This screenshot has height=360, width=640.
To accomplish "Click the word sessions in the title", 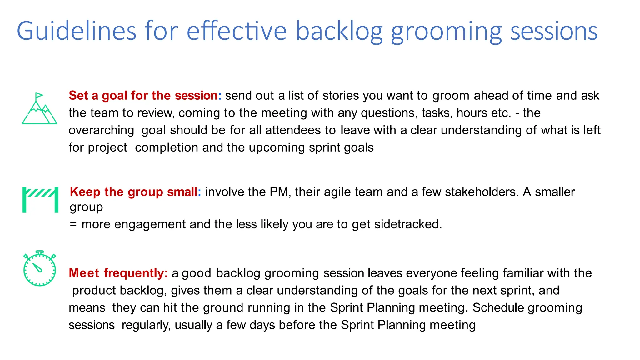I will click(x=554, y=31).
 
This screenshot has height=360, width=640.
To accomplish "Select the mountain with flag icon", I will click(x=39, y=108).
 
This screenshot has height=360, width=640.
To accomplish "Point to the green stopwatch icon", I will click(x=40, y=268).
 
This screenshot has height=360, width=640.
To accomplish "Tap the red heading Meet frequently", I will click(x=118, y=273).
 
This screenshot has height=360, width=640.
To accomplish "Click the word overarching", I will click(x=101, y=130).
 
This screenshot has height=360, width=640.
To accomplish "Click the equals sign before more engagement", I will click(x=73, y=224).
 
